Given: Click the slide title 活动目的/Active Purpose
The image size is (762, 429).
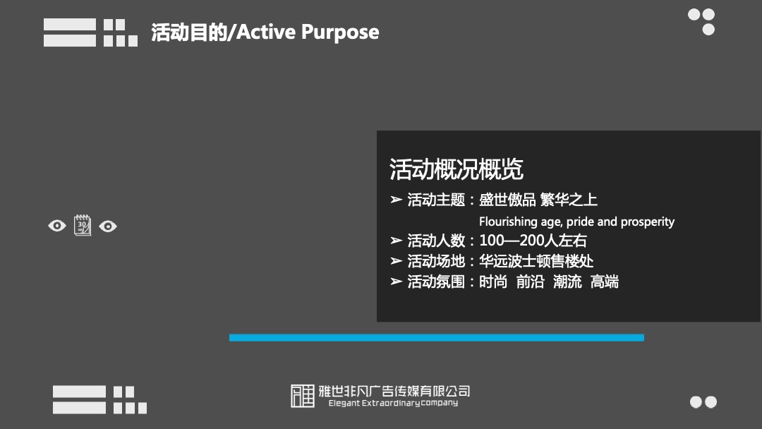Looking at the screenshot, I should [x=265, y=32].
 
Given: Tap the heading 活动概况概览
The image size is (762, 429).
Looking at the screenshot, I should [x=456, y=169].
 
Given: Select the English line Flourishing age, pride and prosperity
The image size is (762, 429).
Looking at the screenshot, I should [x=576, y=222].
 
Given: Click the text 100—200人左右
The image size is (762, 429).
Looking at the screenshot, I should [x=533, y=241].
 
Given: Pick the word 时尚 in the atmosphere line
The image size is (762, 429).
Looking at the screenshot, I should [x=493, y=282].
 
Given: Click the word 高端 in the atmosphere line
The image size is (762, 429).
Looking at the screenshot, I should [x=605, y=282].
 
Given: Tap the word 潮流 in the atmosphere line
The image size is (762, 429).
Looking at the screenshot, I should [x=568, y=282].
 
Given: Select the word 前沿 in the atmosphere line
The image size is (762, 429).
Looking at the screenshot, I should [x=531, y=282].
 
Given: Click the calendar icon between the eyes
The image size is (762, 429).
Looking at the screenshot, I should [x=83, y=226].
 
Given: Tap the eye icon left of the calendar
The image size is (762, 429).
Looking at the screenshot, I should [x=57, y=226].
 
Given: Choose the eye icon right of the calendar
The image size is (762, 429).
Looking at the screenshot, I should [x=108, y=226].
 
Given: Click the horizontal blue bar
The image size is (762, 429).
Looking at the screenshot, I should [x=436, y=337].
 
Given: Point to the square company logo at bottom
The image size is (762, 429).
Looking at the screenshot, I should [x=303, y=396].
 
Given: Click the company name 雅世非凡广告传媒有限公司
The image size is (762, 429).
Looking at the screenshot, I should [x=394, y=391].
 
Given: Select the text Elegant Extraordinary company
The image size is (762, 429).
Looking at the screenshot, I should [x=393, y=404].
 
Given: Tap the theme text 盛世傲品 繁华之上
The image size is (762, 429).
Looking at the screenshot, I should [x=538, y=200].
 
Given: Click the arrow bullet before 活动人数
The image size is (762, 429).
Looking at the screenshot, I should [x=397, y=241].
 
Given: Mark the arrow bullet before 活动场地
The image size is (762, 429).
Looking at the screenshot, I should [x=397, y=261].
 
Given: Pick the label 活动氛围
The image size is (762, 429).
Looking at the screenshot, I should [x=436, y=282].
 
